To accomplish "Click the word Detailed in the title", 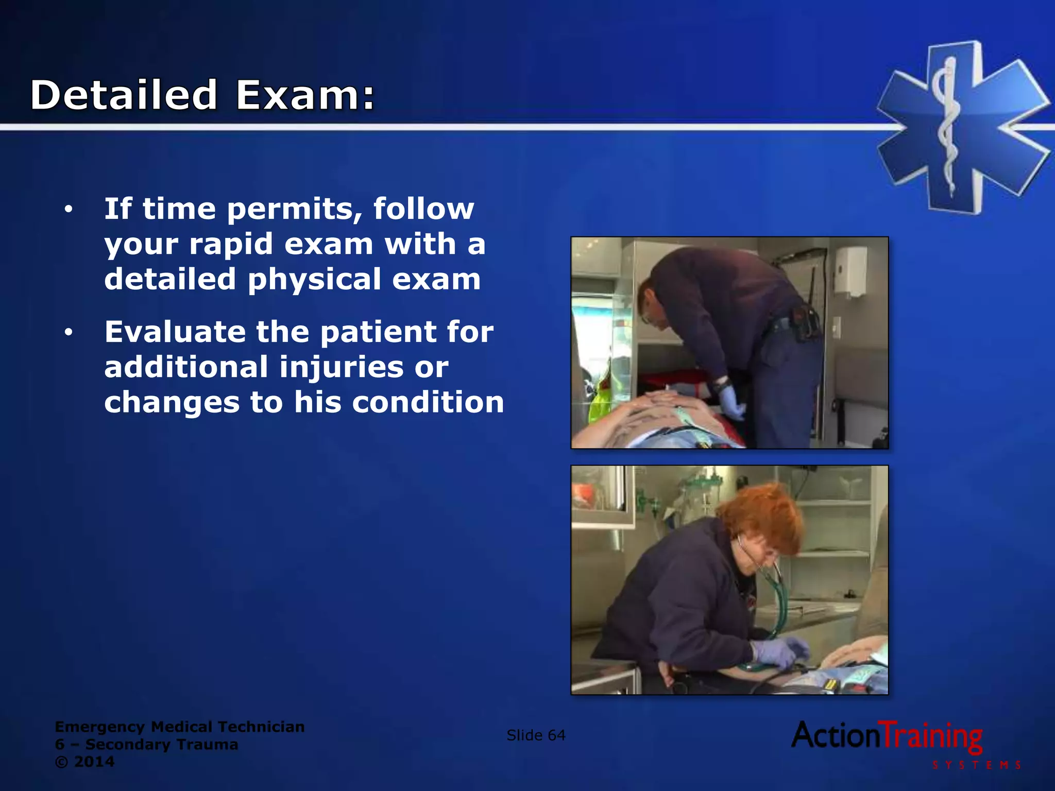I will point(124,95).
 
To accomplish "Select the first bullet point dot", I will point(69,210).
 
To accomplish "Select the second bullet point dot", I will point(69,333).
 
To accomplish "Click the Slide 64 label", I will point(536,735).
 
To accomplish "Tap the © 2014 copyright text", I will point(84,762).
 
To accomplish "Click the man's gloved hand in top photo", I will point(731,402).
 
